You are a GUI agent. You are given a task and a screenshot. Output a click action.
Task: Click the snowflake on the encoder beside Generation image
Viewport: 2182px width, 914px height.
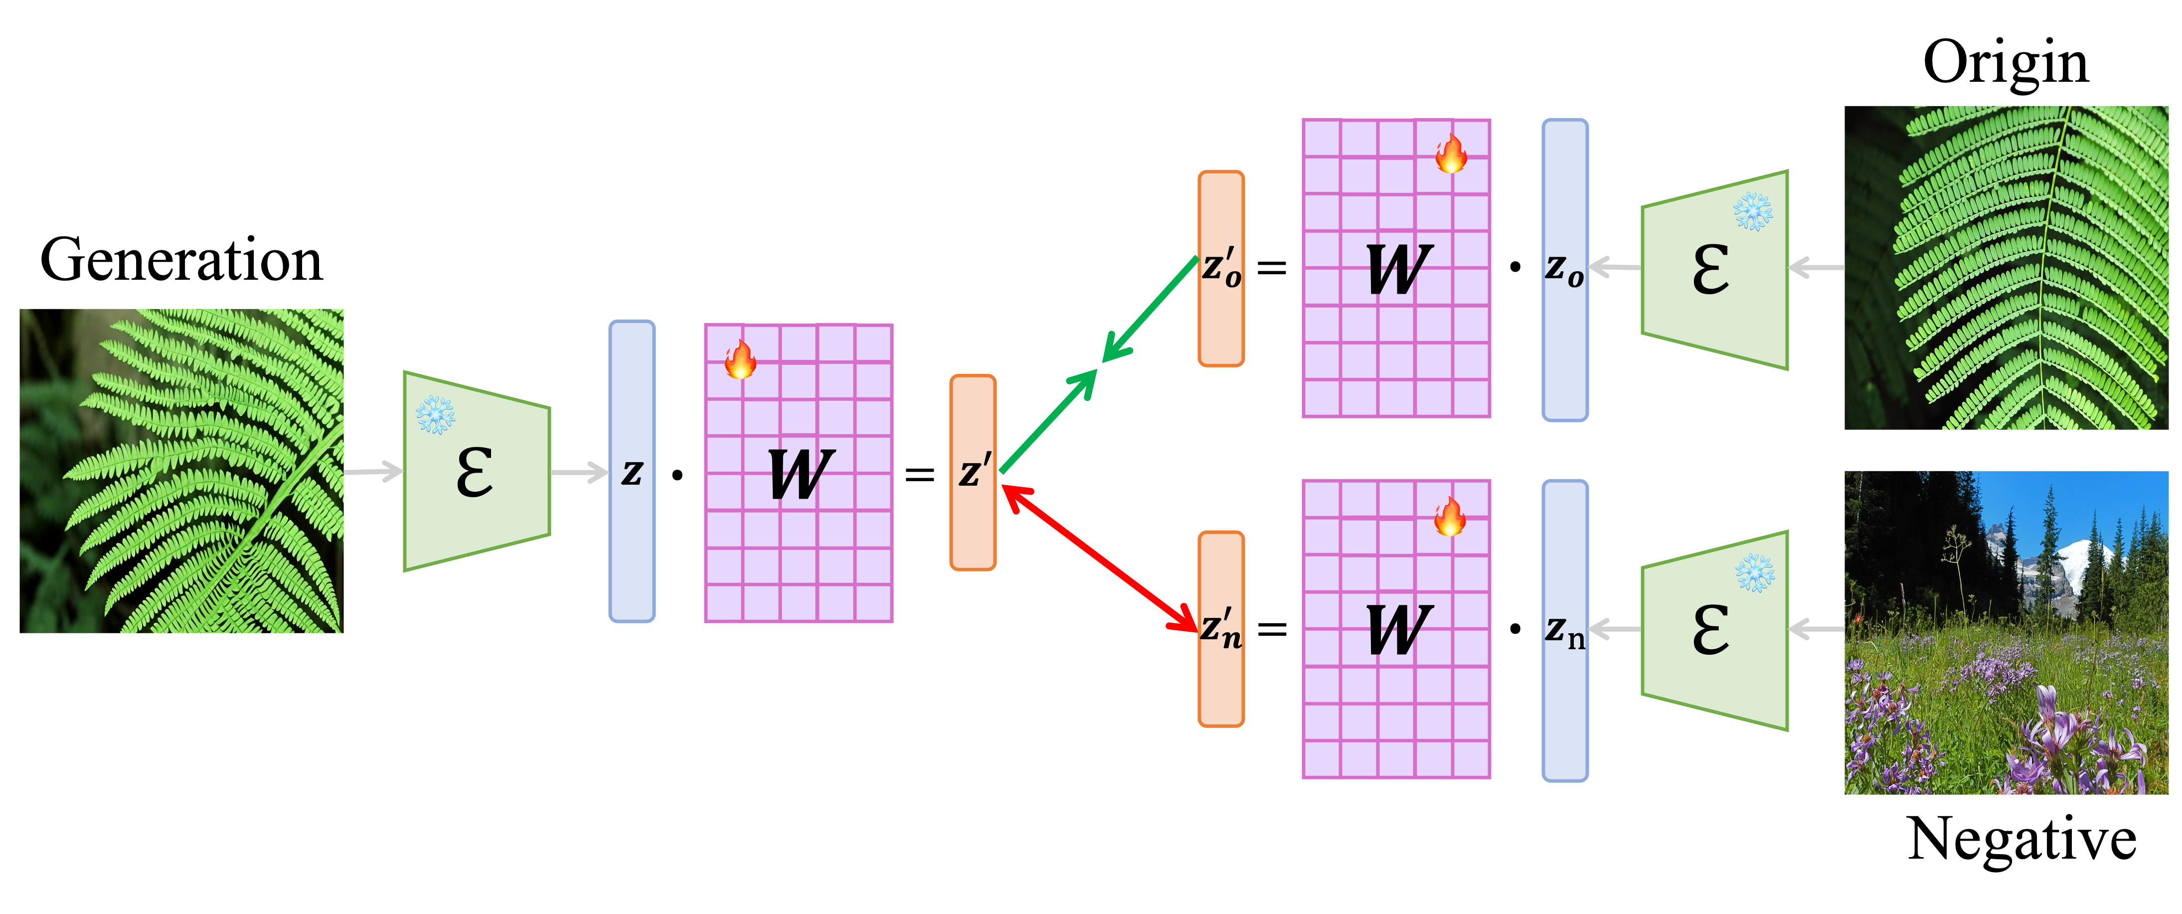point(435,415)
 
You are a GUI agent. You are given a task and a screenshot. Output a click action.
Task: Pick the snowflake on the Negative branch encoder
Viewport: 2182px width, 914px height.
point(1754,572)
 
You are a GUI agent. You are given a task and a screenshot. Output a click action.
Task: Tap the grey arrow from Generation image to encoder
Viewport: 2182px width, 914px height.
point(373,471)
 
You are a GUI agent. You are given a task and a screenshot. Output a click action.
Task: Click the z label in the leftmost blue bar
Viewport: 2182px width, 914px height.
point(632,473)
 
